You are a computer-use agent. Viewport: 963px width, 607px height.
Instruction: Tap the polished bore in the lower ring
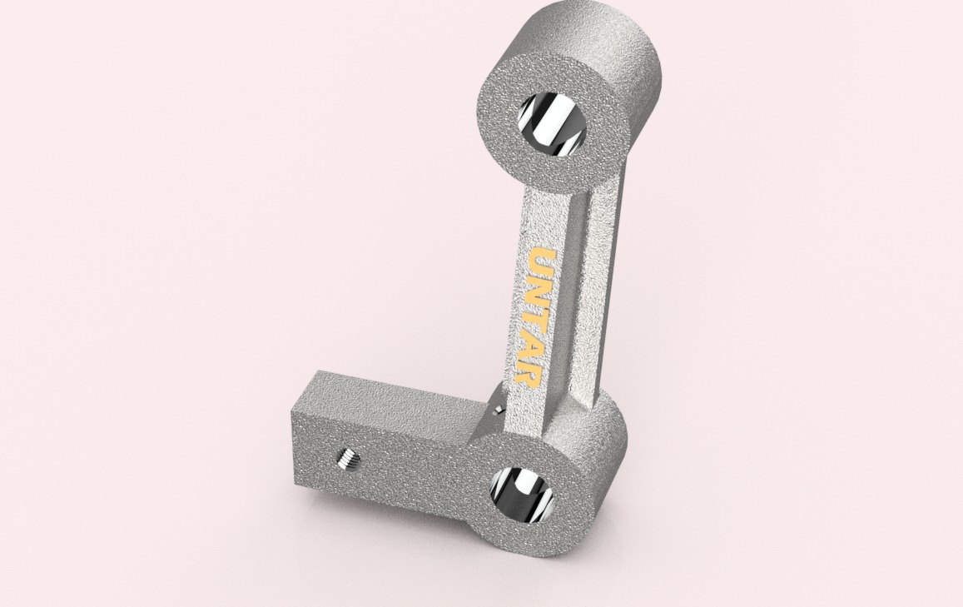coord(522,493)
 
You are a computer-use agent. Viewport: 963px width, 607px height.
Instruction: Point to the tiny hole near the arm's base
coord(498,410)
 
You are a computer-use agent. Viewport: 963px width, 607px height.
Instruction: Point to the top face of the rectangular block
coord(391,394)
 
